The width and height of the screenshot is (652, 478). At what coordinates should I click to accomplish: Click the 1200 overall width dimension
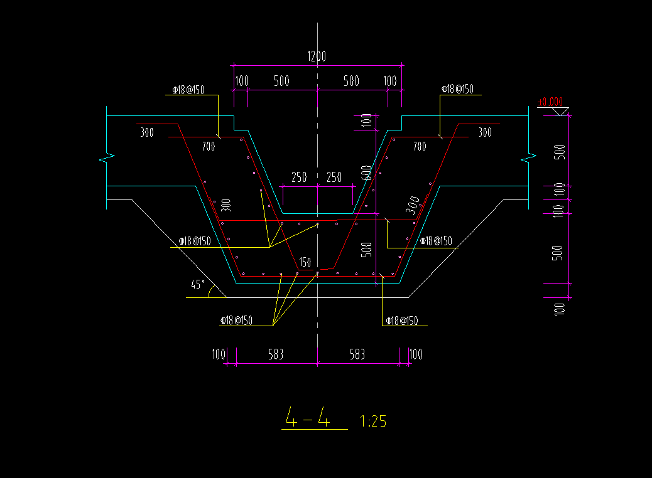click(x=317, y=56)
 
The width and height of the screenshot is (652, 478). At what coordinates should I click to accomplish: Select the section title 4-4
click(x=307, y=417)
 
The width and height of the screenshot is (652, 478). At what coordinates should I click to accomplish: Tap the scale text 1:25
click(x=373, y=421)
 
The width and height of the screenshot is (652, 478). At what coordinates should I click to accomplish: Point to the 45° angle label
click(x=198, y=285)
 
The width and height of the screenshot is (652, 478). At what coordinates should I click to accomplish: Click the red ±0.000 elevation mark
click(x=550, y=102)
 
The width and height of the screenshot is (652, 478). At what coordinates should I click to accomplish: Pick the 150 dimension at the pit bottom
click(x=305, y=262)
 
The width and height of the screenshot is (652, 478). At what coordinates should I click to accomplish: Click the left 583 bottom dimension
click(x=276, y=354)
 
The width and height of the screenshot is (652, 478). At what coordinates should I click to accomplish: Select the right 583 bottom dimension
click(x=357, y=354)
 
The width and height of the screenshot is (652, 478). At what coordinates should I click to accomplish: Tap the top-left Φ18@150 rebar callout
click(x=187, y=90)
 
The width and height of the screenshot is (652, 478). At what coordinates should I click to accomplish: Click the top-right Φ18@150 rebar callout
click(x=457, y=89)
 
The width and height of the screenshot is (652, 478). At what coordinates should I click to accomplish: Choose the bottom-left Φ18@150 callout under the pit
click(x=236, y=321)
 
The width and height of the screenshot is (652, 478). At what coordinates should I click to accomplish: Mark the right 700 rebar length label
click(x=419, y=147)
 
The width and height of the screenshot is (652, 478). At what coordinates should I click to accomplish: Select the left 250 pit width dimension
click(x=299, y=178)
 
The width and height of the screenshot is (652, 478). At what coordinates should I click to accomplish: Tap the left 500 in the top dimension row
click(x=281, y=81)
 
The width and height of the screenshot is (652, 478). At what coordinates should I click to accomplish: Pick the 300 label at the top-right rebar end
click(x=485, y=132)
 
